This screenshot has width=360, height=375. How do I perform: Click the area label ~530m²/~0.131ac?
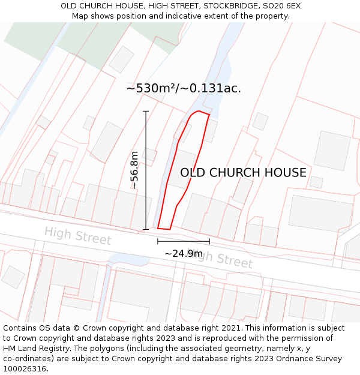(x=184, y=88)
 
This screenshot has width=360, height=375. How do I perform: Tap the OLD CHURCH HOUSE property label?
(x=243, y=173)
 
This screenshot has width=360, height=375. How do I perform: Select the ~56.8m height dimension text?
(x=135, y=170)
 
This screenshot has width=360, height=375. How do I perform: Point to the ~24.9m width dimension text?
(x=184, y=254)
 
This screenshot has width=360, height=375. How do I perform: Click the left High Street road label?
(x=77, y=235)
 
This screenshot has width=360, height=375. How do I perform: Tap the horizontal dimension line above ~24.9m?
(x=184, y=241)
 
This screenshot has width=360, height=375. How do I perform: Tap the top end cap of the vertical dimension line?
(x=146, y=111)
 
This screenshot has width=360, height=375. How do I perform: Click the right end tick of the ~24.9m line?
(x=209, y=241)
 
